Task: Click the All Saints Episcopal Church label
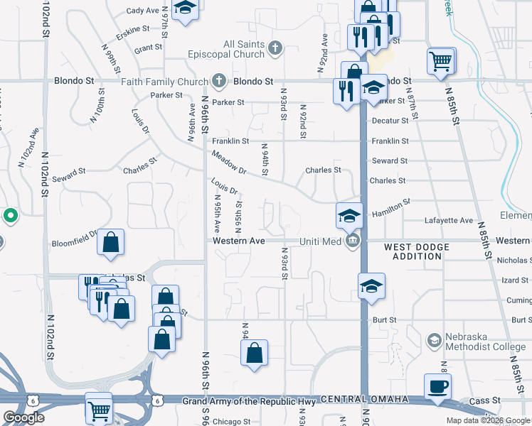click(223, 49)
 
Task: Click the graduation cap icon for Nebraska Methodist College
click(432, 342)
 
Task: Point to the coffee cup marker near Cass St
click(437, 387)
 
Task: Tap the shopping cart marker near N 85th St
click(441, 61)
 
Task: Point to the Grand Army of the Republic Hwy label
click(249, 402)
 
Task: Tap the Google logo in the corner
click(23, 417)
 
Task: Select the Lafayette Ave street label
click(448, 221)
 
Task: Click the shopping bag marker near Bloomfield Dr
click(110, 243)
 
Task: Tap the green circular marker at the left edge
click(10, 215)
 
